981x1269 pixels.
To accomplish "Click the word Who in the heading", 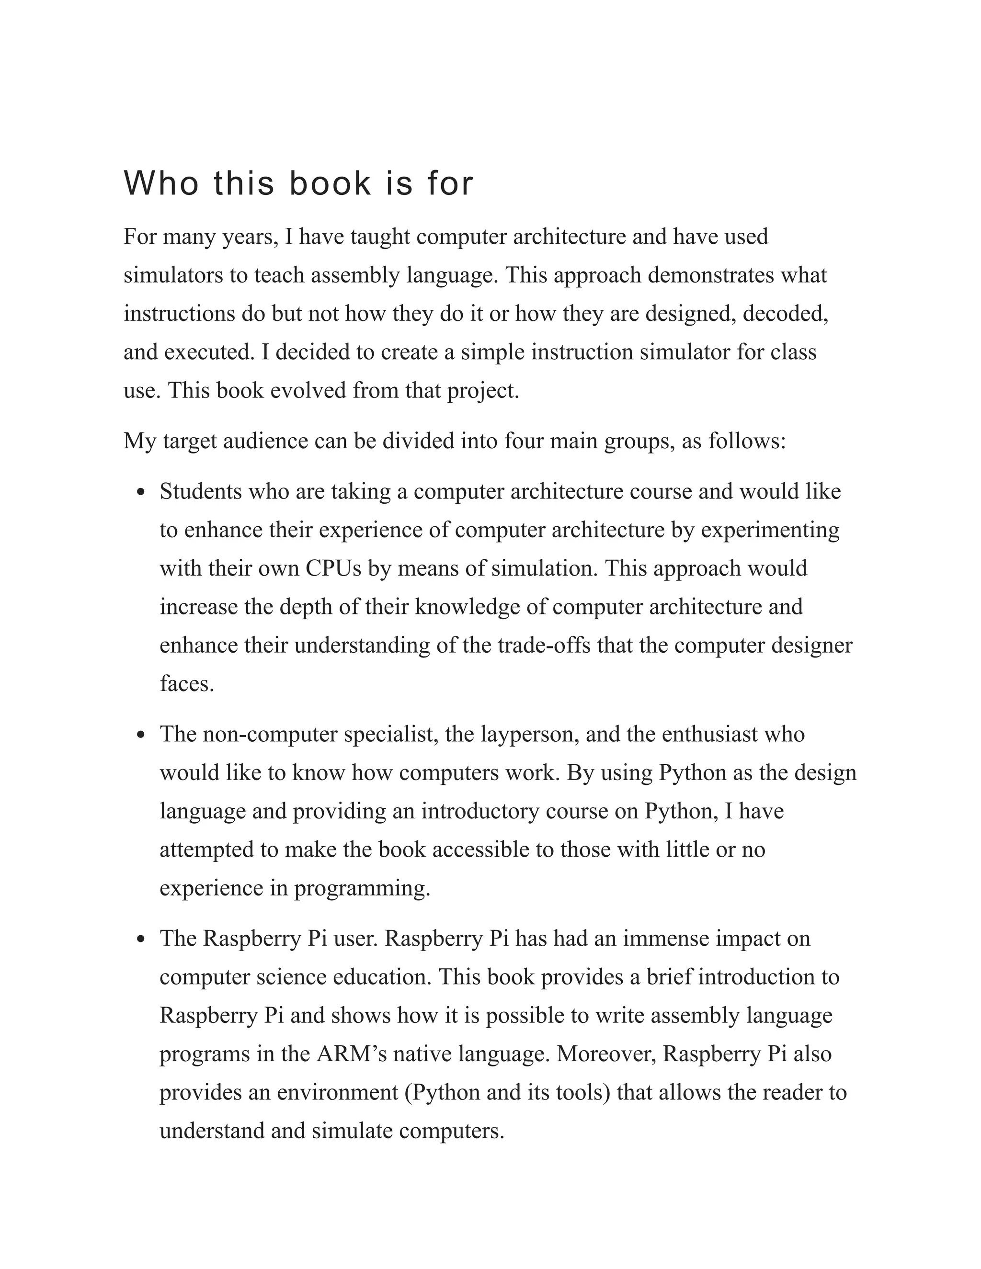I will point(161,183).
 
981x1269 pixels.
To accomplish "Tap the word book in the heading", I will point(330,183).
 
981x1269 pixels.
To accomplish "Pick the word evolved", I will point(308,390).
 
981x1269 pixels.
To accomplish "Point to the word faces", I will point(186,683).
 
